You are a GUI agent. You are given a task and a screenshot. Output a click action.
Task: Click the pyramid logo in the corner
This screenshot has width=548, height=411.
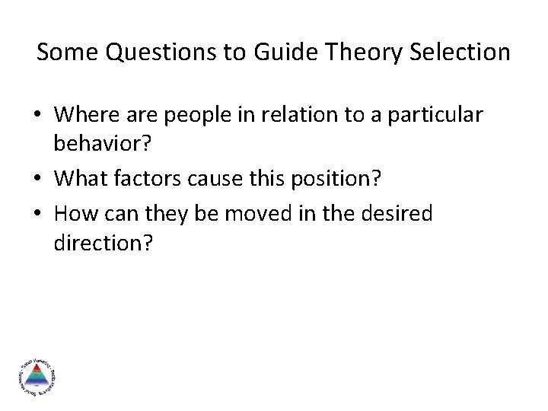pos(36,375)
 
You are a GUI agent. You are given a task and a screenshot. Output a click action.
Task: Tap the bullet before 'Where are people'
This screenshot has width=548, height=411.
pos(38,116)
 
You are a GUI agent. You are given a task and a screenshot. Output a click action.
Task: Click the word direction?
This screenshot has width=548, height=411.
pos(104,244)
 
